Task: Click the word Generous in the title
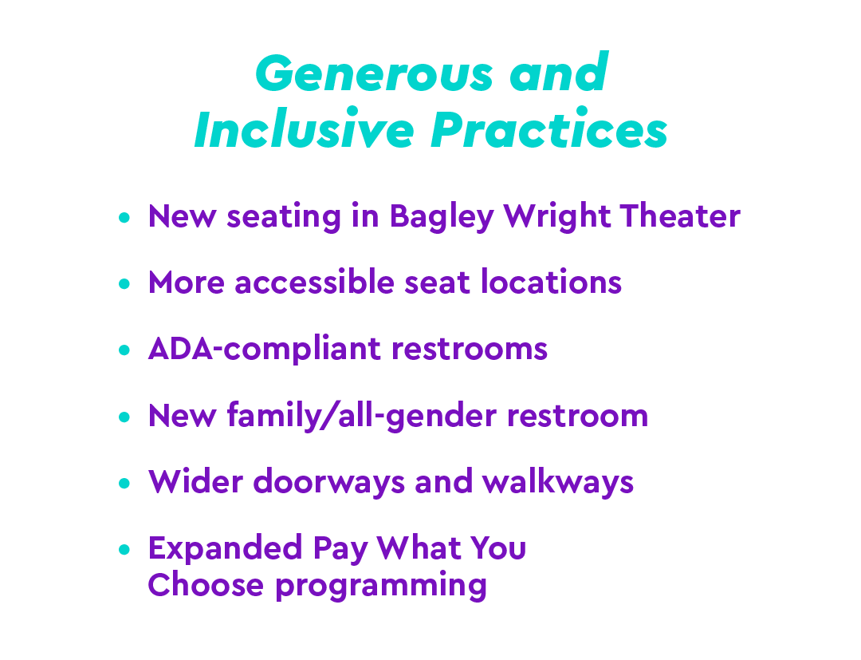(375, 73)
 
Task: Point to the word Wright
(556, 217)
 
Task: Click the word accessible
(314, 282)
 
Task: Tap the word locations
(552, 282)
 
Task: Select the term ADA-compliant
(265, 350)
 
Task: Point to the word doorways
(329, 482)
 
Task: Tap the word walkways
(558, 482)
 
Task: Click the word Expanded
(225, 548)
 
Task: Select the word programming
(381, 586)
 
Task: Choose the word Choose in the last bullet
(206, 584)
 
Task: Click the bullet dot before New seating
(124, 218)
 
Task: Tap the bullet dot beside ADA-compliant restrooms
(124, 350)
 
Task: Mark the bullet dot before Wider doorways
(124, 483)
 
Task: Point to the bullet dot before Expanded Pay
(124, 550)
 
